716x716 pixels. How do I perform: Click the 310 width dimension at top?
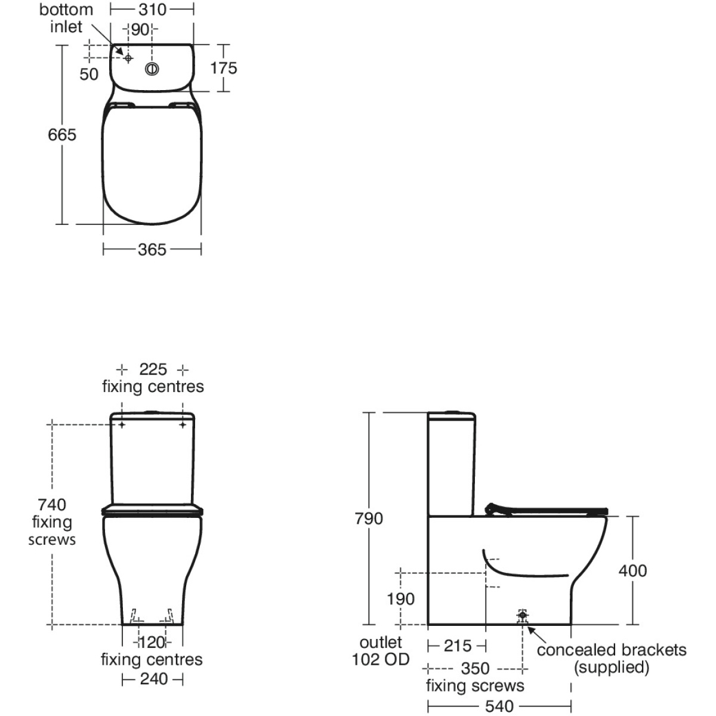(152, 10)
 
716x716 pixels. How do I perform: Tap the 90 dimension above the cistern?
(140, 30)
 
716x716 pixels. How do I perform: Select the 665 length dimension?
(62, 134)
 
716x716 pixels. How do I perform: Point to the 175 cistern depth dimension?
(224, 68)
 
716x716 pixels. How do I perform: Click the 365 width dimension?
(152, 249)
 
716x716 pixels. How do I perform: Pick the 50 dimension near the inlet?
(89, 75)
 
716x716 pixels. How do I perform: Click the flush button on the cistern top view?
(152, 69)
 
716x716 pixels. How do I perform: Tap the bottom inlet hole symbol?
(128, 58)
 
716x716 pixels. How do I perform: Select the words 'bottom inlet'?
(66, 18)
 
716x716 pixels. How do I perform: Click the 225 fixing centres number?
(153, 370)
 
